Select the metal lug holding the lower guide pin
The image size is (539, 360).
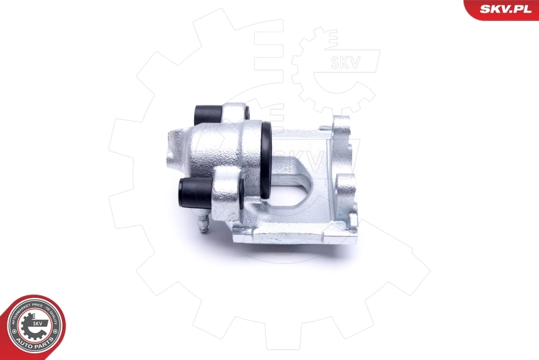point(225,192)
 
